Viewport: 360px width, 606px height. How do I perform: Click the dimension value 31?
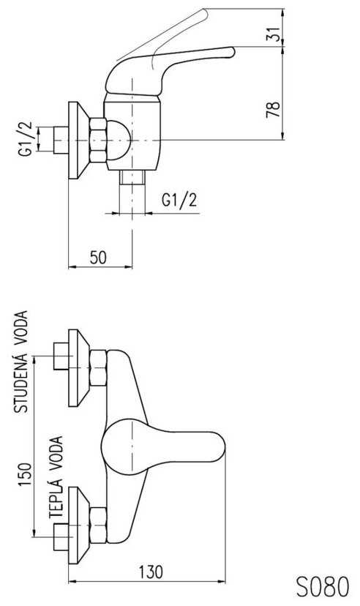click(x=273, y=35)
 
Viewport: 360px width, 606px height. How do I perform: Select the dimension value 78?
click(x=273, y=110)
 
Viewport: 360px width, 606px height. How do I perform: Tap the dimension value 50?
click(x=98, y=258)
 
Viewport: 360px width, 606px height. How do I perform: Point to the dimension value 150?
click(x=26, y=474)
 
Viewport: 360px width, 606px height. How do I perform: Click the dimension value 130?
click(x=151, y=572)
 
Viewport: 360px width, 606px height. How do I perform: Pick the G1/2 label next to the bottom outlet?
click(x=179, y=201)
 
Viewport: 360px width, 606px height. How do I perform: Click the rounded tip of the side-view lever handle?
click(x=231, y=52)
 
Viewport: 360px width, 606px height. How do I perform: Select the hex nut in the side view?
click(x=98, y=140)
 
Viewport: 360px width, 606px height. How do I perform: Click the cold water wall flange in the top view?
click(x=78, y=368)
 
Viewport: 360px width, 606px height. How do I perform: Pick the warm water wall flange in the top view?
click(x=78, y=525)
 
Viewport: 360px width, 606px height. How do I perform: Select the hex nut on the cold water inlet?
click(x=98, y=368)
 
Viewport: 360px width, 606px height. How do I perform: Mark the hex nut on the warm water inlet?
click(x=98, y=525)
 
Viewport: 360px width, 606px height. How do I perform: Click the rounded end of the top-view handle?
click(x=220, y=446)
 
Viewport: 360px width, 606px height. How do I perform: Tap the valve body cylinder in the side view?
click(x=132, y=134)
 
